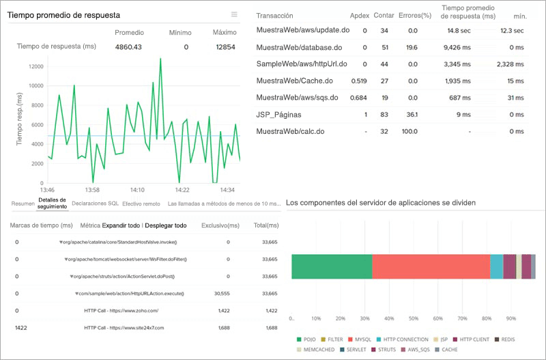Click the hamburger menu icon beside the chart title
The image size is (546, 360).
click(x=234, y=14)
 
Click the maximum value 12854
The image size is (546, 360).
click(x=225, y=47)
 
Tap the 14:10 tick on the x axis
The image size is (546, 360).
click(x=137, y=189)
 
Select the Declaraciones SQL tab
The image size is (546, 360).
click(x=95, y=204)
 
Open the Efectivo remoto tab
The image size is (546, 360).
click(x=141, y=204)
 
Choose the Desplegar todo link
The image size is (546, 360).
click(x=166, y=225)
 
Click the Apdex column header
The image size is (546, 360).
click(x=359, y=15)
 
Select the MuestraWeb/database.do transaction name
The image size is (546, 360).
click(x=299, y=47)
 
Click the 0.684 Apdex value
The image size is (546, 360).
click(x=358, y=98)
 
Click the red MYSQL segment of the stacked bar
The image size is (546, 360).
click(x=431, y=266)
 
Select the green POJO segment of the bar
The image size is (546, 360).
click(x=332, y=266)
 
